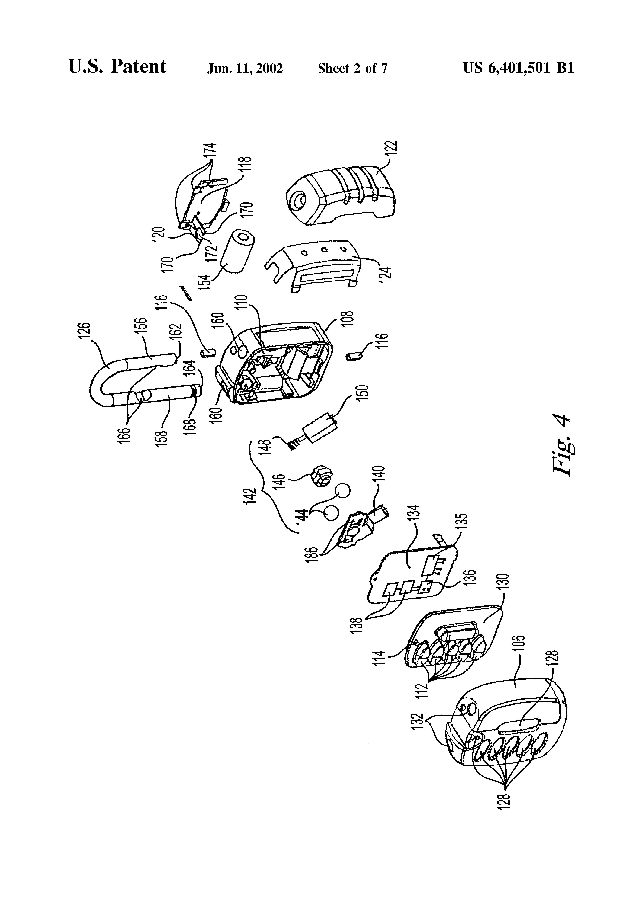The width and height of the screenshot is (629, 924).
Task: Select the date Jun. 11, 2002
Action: pyautogui.click(x=245, y=68)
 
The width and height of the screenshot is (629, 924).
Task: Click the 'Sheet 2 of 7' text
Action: pyautogui.click(x=352, y=68)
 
